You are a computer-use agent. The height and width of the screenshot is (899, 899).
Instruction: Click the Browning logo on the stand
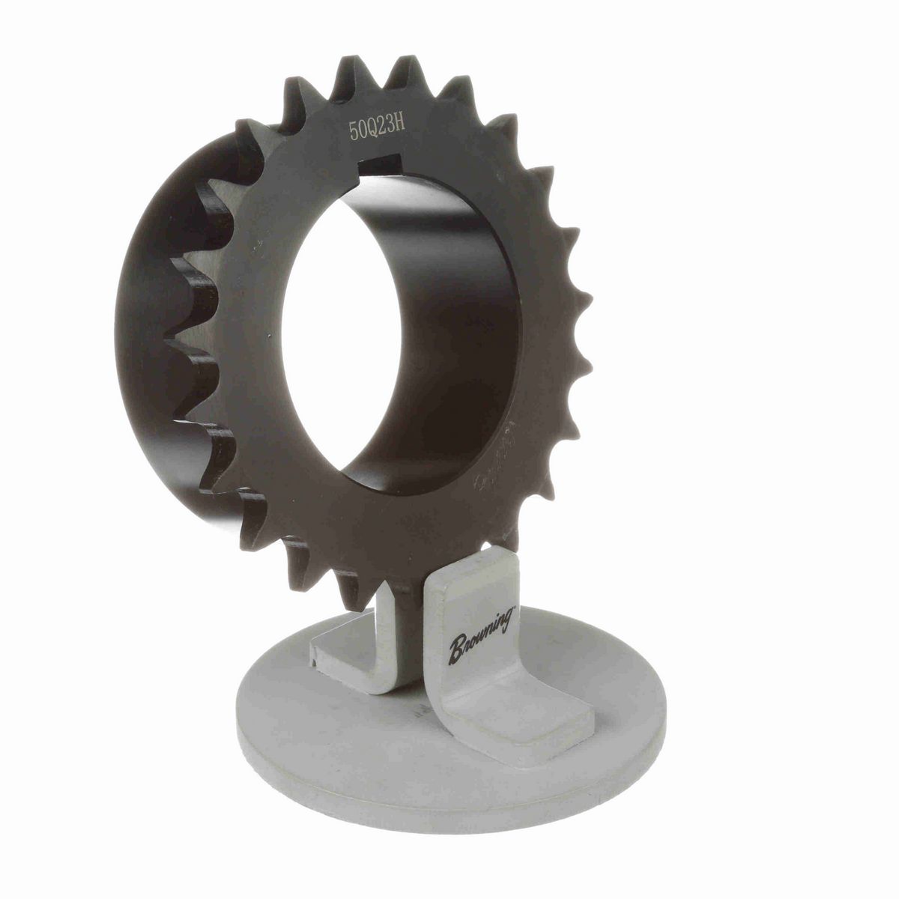(x=481, y=635)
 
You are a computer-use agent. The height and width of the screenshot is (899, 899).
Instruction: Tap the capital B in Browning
(x=456, y=650)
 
